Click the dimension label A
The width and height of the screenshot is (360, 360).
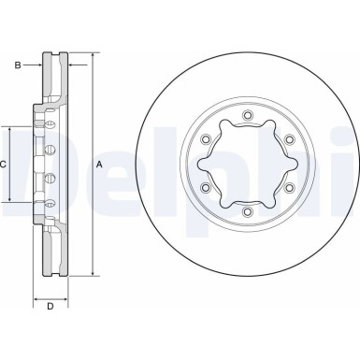(x=100, y=166)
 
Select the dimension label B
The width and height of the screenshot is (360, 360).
(x=16, y=65)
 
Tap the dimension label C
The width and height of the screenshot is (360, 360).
(x=4, y=166)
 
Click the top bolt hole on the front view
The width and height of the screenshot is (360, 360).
(x=247, y=116)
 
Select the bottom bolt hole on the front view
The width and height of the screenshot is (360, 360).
(x=247, y=212)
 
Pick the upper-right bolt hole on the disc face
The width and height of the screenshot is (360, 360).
(x=288, y=140)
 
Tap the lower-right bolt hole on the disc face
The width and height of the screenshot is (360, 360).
(x=288, y=189)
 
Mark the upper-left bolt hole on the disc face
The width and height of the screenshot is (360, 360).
(x=205, y=140)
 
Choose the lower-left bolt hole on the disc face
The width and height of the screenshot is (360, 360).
(x=205, y=189)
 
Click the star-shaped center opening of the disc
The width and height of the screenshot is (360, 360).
(x=247, y=165)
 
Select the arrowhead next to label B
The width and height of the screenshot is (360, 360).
(x=40, y=65)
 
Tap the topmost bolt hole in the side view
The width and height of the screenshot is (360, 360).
(x=50, y=122)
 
